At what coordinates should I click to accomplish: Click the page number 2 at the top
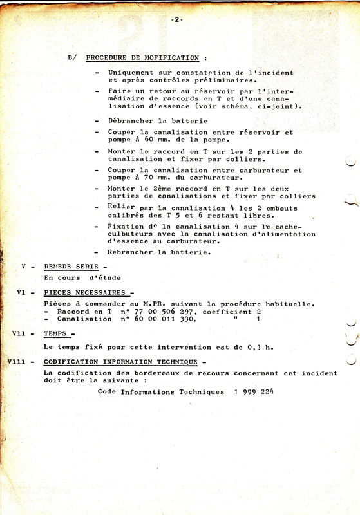point(177,19)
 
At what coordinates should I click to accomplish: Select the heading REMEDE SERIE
point(73,266)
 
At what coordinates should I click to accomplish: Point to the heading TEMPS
point(59,333)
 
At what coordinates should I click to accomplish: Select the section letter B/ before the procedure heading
point(71,57)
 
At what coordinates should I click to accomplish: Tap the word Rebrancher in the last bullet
point(133,252)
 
